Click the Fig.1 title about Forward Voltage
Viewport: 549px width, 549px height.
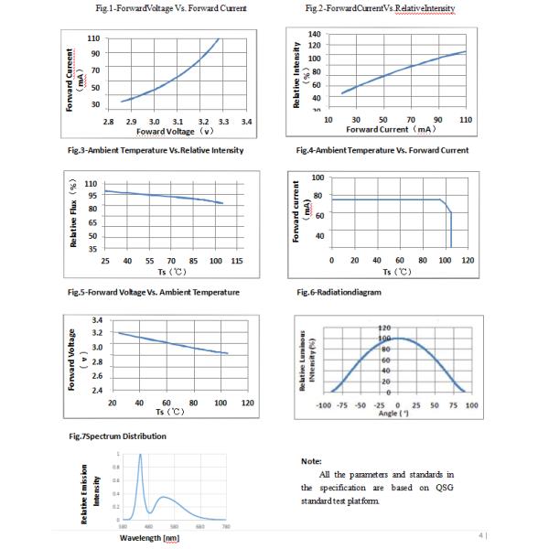pos(171,9)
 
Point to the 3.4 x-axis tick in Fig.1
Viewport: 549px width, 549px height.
pos(246,121)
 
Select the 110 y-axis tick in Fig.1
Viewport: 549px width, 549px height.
pos(93,39)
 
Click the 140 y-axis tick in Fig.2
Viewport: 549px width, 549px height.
pos(315,34)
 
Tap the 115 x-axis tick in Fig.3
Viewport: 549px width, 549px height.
pos(237,261)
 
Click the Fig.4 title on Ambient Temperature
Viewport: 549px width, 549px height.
pos(382,150)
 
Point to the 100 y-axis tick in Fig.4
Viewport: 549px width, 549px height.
pos(318,177)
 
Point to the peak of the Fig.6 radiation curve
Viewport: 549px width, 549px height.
pos(398,339)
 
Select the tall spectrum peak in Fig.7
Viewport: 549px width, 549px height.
pos(140,457)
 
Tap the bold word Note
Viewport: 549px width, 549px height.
pos(311,461)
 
